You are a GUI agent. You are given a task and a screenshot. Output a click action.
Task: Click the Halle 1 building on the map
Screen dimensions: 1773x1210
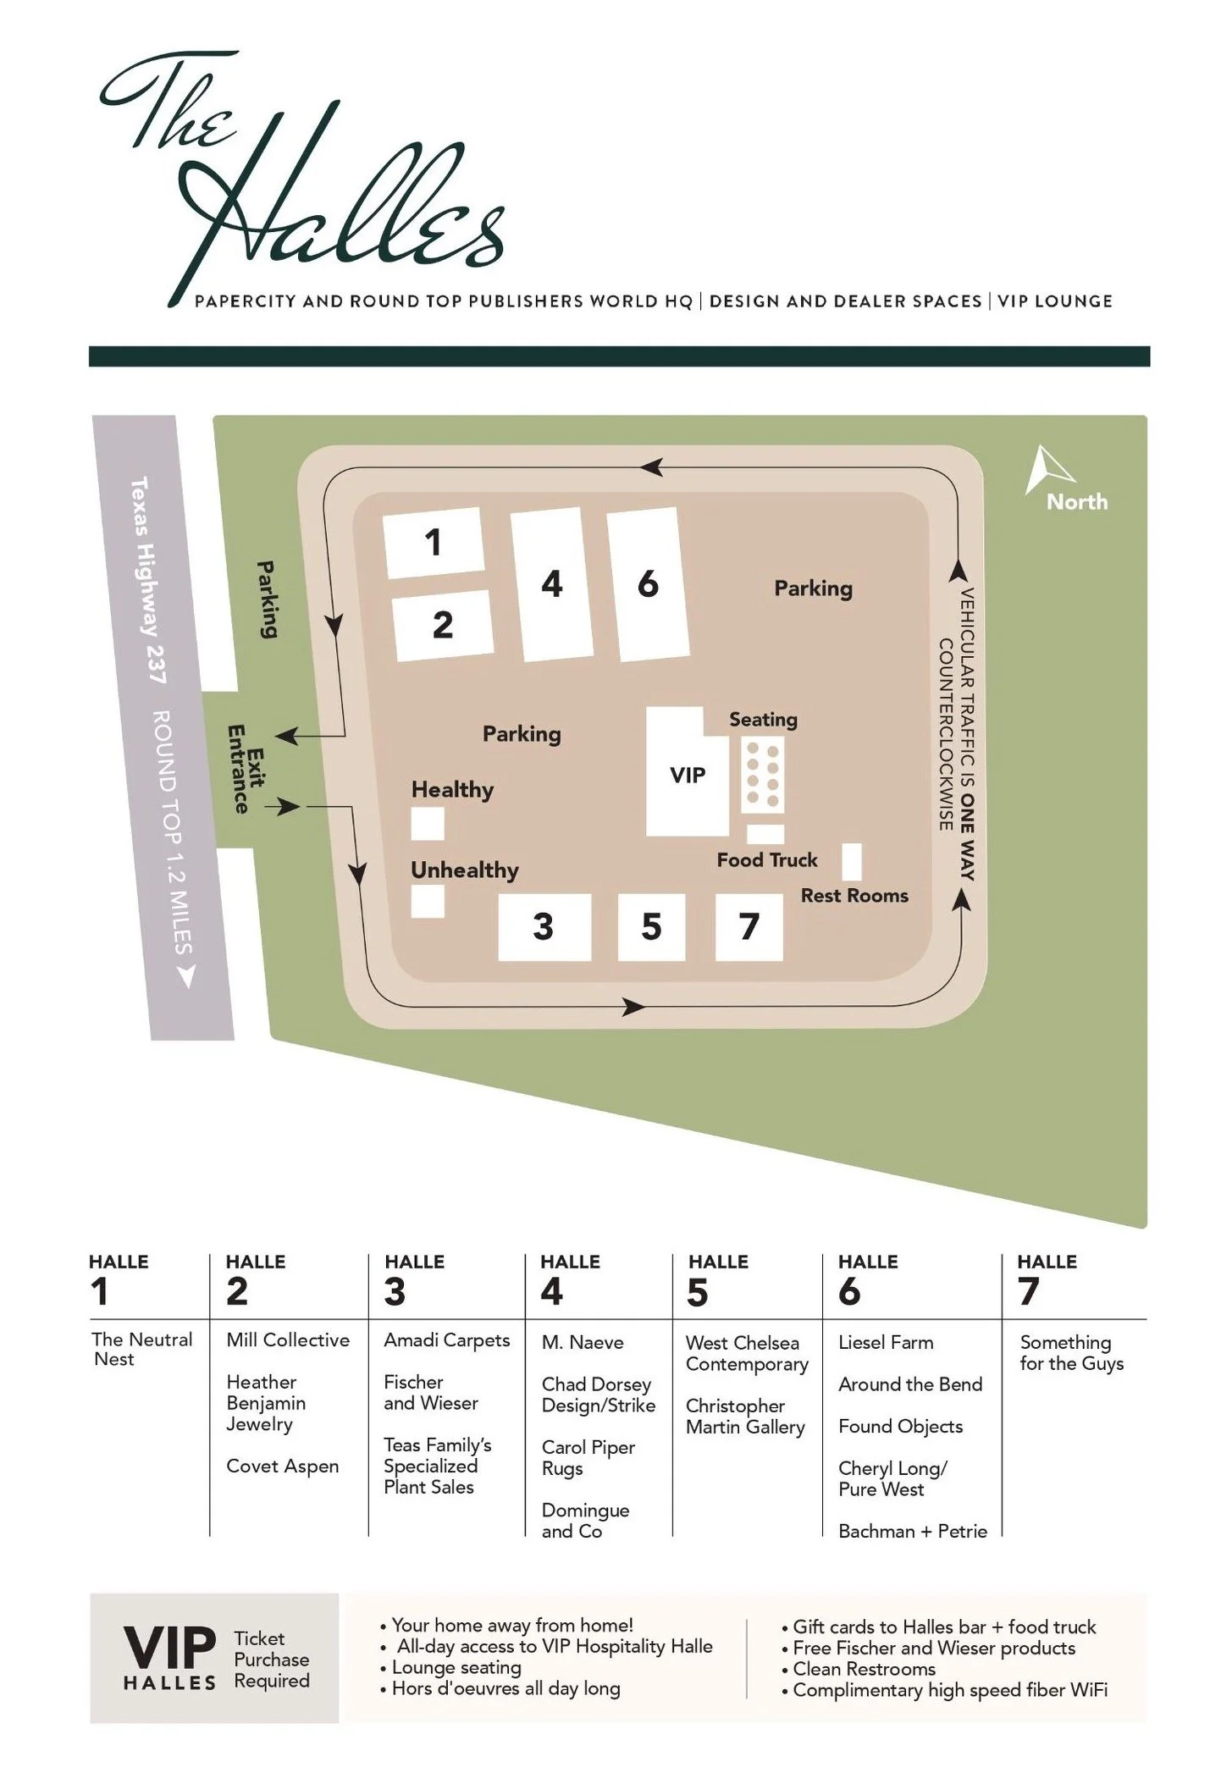(x=433, y=542)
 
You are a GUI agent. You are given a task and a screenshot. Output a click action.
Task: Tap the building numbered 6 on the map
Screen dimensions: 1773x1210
(x=648, y=584)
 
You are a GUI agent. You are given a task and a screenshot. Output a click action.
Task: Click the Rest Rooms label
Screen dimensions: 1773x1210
(x=854, y=895)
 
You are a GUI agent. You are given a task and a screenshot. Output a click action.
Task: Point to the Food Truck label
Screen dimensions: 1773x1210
(x=766, y=860)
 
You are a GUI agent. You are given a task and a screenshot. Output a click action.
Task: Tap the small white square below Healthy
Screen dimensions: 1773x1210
(x=427, y=823)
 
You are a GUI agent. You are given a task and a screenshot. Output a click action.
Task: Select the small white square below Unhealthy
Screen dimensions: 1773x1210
(x=427, y=901)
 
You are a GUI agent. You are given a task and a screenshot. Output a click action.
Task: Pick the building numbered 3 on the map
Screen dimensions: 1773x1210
(x=544, y=926)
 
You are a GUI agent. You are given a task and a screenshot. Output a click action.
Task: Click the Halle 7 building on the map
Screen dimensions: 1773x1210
(x=749, y=926)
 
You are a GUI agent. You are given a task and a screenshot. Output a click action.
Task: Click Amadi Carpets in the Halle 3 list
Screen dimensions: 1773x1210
(x=446, y=1339)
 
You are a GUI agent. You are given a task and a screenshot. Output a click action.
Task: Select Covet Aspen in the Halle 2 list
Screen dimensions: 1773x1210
(x=282, y=1466)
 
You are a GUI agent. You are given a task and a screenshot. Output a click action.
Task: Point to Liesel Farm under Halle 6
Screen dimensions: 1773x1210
(x=885, y=1342)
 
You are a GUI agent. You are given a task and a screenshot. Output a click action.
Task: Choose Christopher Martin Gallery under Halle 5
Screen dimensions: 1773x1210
(x=744, y=1416)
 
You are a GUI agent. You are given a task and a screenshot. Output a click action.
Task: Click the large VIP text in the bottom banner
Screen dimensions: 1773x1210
(x=169, y=1647)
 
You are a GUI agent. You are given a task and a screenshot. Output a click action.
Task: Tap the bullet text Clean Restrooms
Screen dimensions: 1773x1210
(x=864, y=1668)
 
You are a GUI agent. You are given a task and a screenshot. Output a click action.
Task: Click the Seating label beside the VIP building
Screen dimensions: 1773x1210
(x=763, y=720)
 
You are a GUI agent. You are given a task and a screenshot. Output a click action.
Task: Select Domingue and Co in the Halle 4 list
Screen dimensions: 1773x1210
(x=584, y=1520)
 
